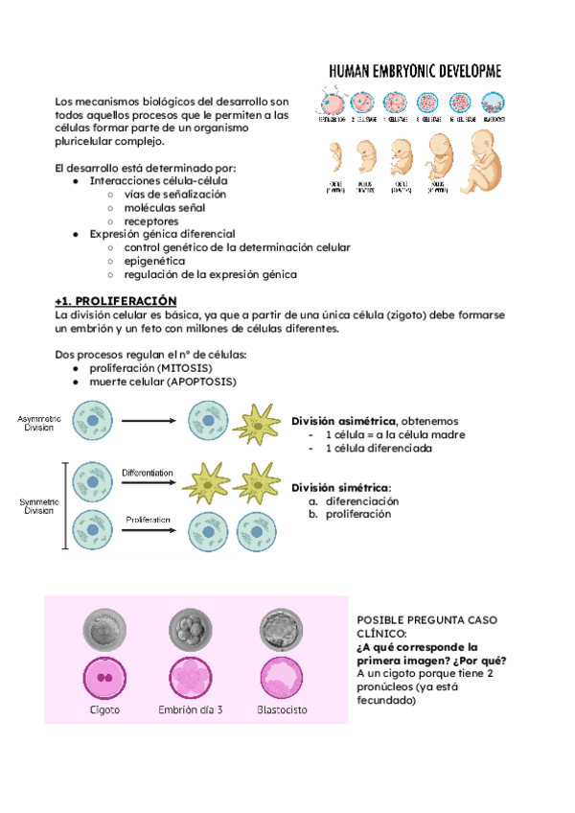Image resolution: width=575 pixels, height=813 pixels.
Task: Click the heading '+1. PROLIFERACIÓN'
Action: click(x=117, y=300)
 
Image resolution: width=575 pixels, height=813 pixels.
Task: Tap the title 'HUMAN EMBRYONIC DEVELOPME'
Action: click(x=420, y=72)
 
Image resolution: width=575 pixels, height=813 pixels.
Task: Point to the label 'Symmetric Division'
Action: click(x=39, y=505)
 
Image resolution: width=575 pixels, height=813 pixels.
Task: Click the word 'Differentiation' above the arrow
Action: click(x=147, y=473)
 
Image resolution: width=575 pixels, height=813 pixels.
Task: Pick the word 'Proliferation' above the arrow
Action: click(x=148, y=520)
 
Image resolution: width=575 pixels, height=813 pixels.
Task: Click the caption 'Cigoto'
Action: click(x=104, y=710)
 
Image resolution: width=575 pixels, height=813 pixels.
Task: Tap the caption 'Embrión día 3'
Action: click(x=191, y=710)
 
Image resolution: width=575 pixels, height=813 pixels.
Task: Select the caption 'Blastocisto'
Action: click(x=283, y=710)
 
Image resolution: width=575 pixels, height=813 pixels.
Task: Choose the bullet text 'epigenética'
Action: click(x=154, y=261)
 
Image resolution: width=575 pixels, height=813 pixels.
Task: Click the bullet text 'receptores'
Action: click(x=151, y=221)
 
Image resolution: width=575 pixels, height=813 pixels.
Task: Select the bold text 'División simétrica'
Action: click(x=340, y=487)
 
